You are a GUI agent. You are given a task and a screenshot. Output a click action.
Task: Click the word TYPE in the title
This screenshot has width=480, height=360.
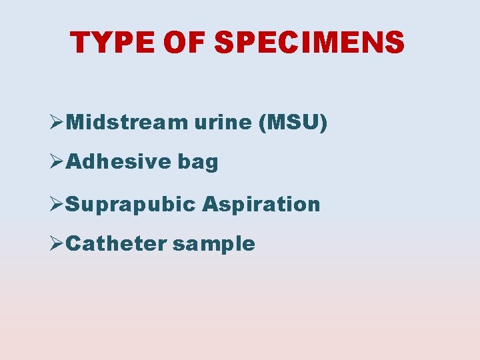pos(113,43)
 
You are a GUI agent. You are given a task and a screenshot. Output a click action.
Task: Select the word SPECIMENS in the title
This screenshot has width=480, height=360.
pos(309,43)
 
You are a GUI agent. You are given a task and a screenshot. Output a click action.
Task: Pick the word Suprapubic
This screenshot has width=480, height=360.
pos(131,205)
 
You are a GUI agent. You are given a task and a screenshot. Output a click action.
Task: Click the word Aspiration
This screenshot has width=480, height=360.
pos(261,205)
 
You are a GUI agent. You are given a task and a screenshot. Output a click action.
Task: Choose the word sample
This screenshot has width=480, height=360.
pos(214,245)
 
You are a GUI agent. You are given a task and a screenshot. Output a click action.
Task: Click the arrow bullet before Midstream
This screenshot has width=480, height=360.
pos(57,123)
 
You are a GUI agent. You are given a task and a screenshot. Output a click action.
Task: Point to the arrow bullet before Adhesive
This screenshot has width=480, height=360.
pos(57,162)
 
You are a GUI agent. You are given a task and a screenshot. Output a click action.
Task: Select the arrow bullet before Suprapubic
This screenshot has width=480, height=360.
pos(57,203)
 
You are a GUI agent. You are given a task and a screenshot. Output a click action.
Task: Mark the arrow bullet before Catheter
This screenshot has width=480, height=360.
pos(57,243)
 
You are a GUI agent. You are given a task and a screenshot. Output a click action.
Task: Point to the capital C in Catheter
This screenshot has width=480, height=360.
pos(75,243)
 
